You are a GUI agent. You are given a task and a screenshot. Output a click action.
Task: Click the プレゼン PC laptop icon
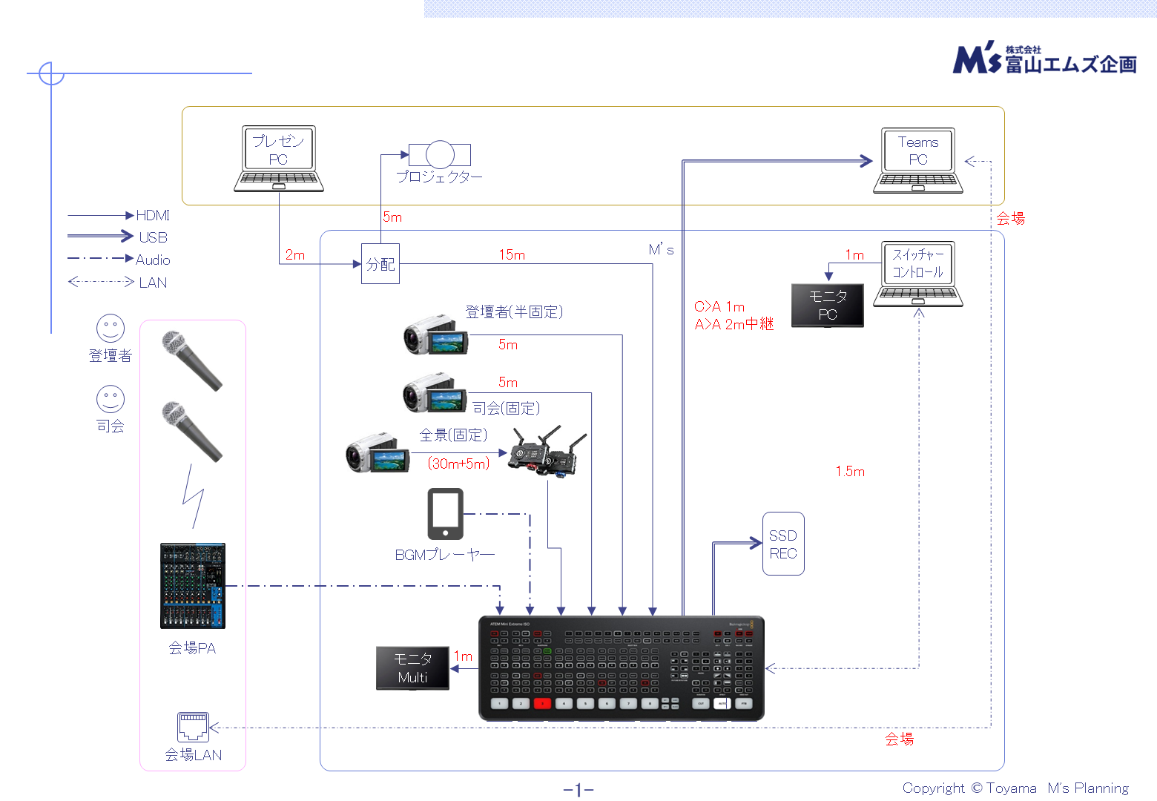click(278, 158)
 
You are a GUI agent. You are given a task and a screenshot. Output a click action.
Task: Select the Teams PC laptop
click(918, 160)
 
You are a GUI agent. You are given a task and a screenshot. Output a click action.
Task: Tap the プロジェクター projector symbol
click(439, 154)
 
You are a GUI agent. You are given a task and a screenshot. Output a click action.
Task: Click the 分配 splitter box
click(380, 264)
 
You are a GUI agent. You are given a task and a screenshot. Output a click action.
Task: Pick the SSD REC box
click(783, 544)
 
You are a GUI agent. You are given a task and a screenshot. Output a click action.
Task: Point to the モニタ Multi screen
click(412, 667)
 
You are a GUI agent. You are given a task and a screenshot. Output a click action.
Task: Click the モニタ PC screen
click(828, 305)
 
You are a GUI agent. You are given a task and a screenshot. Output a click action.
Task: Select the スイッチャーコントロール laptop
click(918, 273)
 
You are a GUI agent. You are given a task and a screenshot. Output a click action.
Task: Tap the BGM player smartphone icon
click(445, 513)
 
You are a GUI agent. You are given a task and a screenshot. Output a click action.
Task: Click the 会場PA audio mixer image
click(193, 585)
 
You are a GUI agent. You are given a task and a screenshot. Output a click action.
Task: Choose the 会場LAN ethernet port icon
click(193, 726)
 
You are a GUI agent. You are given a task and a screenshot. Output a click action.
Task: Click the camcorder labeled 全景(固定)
click(377, 454)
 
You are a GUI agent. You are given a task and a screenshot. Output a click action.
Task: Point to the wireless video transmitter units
click(547, 450)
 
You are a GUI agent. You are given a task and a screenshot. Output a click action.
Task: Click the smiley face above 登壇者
click(111, 328)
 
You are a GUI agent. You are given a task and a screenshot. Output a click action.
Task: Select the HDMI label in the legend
click(153, 215)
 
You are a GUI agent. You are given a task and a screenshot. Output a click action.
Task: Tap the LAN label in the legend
click(153, 283)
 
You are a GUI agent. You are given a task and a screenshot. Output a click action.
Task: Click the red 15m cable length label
click(512, 255)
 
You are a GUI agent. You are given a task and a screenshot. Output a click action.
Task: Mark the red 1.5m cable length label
click(850, 472)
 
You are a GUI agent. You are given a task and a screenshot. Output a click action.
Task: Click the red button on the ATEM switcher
click(542, 703)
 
